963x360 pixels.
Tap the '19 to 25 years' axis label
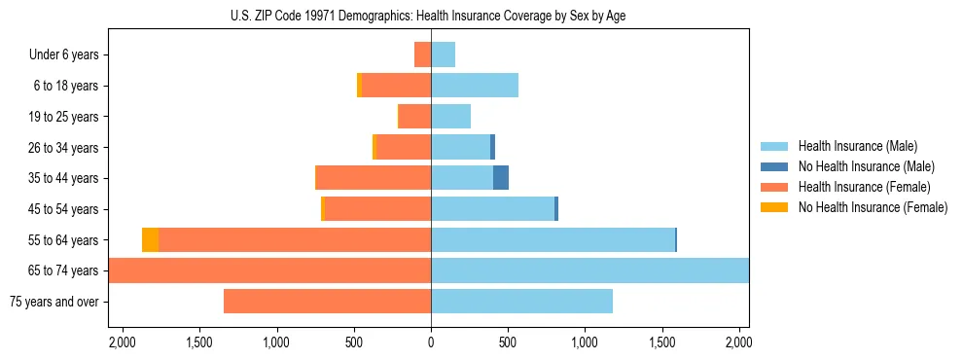pyautogui.click(x=63, y=117)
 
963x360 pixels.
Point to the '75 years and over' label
pyautogui.click(x=53, y=302)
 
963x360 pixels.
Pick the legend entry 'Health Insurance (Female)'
pyautogui.click(x=864, y=187)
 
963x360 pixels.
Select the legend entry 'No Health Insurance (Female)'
pyautogui.click(x=873, y=207)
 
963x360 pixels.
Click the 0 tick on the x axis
pyautogui.click(x=431, y=342)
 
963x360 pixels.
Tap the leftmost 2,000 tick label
pyautogui.click(x=123, y=342)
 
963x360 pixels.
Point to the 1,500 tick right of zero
pyautogui.click(x=661, y=342)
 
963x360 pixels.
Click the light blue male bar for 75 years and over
pyautogui.click(x=521, y=302)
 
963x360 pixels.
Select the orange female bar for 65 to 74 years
pyautogui.click(x=269, y=270)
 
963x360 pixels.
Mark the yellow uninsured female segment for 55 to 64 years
pyautogui.click(x=150, y=240)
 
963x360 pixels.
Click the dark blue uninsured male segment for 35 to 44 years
pyautogui.click(x=501, y=178)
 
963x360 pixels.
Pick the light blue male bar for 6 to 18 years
pyautogui.click(x=475, y=86)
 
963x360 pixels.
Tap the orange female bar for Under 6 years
pyautogui.click(x=422, y=54)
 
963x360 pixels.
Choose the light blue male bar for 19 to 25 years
pyautogui.click(x=450, y=117)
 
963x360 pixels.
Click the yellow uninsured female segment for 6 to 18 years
pyautogui.click(x=359, y=86)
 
